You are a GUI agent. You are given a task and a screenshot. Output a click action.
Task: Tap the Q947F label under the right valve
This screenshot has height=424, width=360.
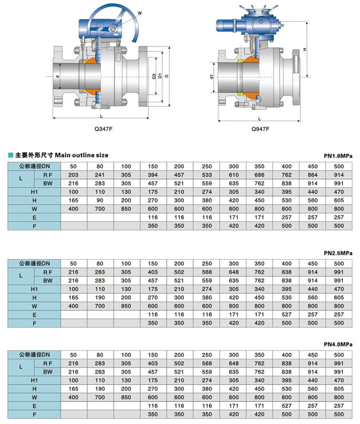click(x=260, y=128)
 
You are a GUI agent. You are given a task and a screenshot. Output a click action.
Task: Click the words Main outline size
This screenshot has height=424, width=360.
click(x=83, y=156)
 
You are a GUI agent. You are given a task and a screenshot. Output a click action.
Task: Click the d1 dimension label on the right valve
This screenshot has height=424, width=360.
click(x=212, y=77)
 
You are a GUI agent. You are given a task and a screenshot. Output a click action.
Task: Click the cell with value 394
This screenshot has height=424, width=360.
click(x=153, y=174)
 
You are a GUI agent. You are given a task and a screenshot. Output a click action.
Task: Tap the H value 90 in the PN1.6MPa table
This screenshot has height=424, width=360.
click(x=100, y=200)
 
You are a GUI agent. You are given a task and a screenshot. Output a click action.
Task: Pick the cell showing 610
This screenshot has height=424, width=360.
click(x=233, y=174)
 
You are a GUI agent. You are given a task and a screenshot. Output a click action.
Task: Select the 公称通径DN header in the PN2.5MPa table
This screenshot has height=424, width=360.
click(x=35, y=263)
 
